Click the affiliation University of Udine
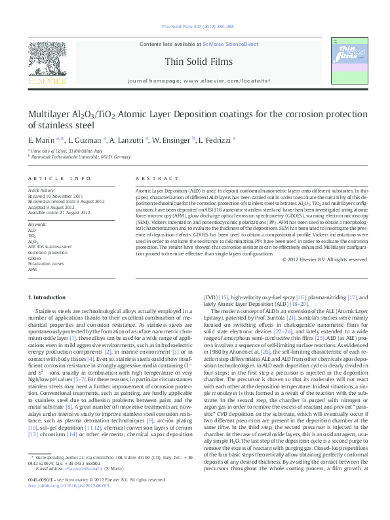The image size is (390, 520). coord(58,151)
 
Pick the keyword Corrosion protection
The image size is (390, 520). coord(48,252)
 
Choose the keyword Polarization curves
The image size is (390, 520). coord(45,263)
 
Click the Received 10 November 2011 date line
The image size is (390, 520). coord(56,195)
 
